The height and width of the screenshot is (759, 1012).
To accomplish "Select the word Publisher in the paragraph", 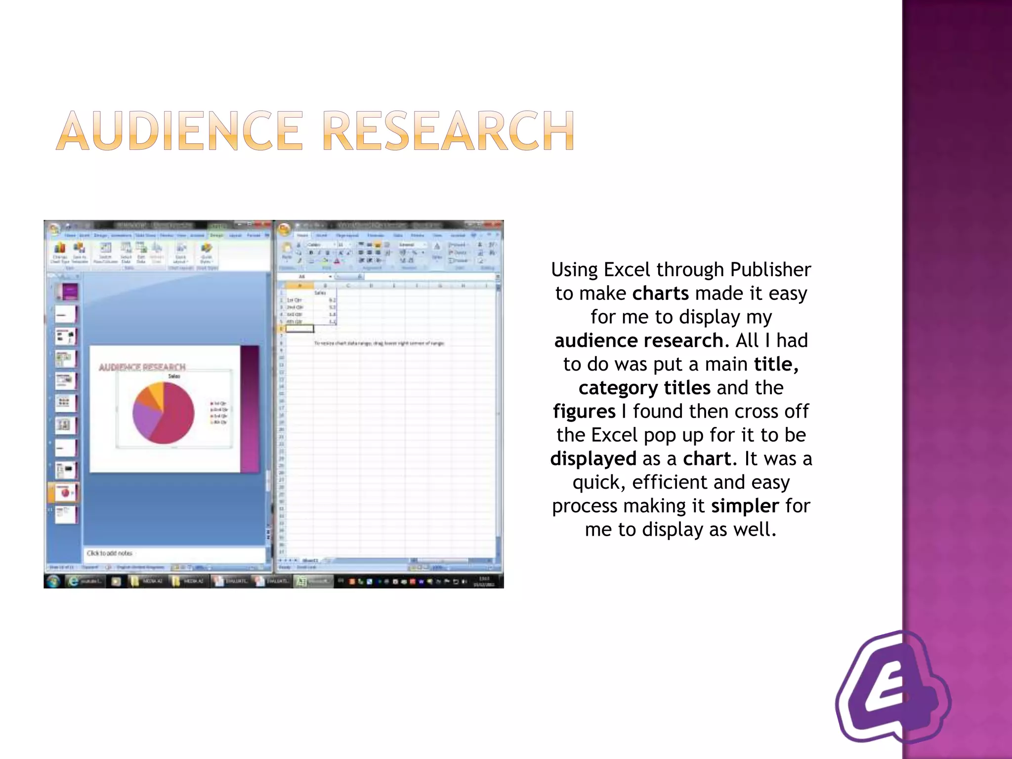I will pos(770,270).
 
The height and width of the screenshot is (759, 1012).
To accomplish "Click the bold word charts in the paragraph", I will pos(660,294).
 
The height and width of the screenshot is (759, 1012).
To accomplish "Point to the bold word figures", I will pos(584,412).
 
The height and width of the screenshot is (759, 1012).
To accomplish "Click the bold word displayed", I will pos(593,459).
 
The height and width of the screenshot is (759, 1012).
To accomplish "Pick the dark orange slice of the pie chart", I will pos(146,399).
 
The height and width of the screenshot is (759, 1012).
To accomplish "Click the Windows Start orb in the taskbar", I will pos(53,581).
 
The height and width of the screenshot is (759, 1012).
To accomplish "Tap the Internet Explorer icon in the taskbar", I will pos(73,581).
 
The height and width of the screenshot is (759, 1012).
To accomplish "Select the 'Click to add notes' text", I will pos(109,553).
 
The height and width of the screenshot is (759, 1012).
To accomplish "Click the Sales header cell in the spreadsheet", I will pos(320,293).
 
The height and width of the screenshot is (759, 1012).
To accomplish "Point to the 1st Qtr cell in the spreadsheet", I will pos(295,300).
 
